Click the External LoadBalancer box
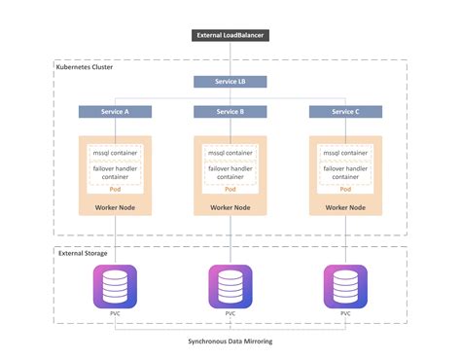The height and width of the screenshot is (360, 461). point(230,36)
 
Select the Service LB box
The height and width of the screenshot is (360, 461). point(230,83)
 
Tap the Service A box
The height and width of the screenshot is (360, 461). point(115,112)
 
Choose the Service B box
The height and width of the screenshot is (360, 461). point(230,112)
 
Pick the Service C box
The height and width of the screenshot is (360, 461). point(345,112)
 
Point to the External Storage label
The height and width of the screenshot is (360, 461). point(83,253)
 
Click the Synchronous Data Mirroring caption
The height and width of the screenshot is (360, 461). point(230,342)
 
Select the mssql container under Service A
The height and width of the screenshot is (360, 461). point(115,153)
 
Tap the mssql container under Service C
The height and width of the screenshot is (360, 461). point(345,153)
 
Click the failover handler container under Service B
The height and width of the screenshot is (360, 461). point(230,171)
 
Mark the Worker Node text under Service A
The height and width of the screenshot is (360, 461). point(115,207)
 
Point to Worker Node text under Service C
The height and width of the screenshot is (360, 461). point(345,207)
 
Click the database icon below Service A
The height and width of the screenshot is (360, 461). point(115,285)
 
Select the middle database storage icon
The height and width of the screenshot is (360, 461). point(230,285)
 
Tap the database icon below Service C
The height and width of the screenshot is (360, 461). point(345,285)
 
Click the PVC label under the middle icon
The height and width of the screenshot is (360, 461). point(230,314)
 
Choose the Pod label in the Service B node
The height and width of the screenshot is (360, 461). point(230,190)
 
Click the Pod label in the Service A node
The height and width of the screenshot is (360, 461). point(115,190)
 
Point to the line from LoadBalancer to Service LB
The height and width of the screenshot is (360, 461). point(230,59)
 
